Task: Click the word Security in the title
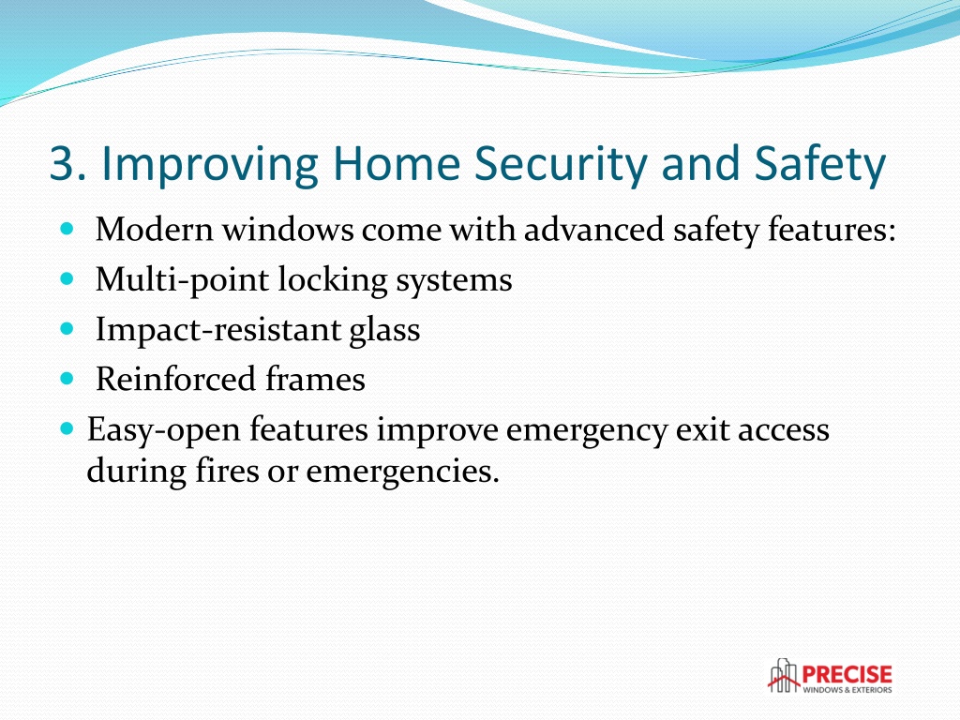click(x=561, y=165)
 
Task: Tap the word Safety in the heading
click(x=819, y=165)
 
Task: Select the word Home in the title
click(x=397, y=164)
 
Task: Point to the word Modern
click(x=155, y=230)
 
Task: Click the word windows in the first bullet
click(x=288, y=230)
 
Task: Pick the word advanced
click(x=593, y=230)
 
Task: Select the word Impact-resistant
click(x=217, y=330)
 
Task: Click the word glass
click(x=384, y=331)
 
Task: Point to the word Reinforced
click(x=175, y=379)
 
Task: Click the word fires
click(x=227, y=471)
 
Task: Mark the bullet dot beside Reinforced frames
click(x=67, y=379)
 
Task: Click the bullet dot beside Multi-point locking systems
click(x=67, y=279)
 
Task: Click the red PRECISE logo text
click(x=847, y=675)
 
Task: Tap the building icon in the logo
click(x=784, y=676)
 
